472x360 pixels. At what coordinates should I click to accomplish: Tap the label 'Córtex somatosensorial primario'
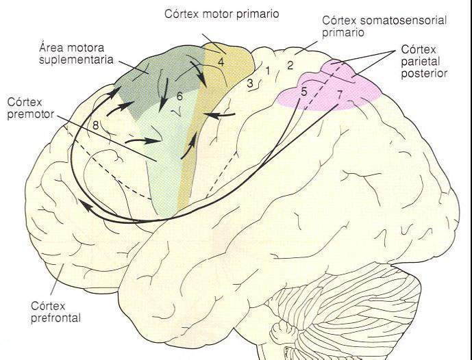click(384, 26)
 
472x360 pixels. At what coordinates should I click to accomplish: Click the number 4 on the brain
click(221, 62)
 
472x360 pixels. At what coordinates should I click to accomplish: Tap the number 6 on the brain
click(179, 97)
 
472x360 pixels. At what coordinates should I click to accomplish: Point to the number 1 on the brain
click(269, 70)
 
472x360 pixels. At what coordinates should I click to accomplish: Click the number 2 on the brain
click(290, 65)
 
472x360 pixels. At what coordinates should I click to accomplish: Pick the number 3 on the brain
click(251, 83)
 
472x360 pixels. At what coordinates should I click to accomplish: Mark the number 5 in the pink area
click(303, 92)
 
